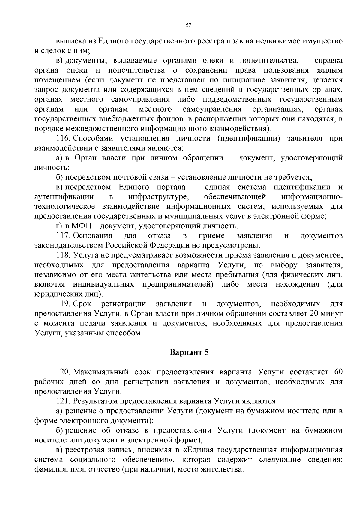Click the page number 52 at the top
(189, 25)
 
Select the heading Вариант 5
(189, 352)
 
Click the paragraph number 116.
(63, 139)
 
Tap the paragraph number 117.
(63, 236)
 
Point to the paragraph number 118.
(63, 255)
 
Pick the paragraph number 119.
(63, 304)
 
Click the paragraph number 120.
(63, 372)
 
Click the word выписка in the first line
(71, 41)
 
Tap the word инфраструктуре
(158, 197)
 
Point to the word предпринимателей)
(178, 284)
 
